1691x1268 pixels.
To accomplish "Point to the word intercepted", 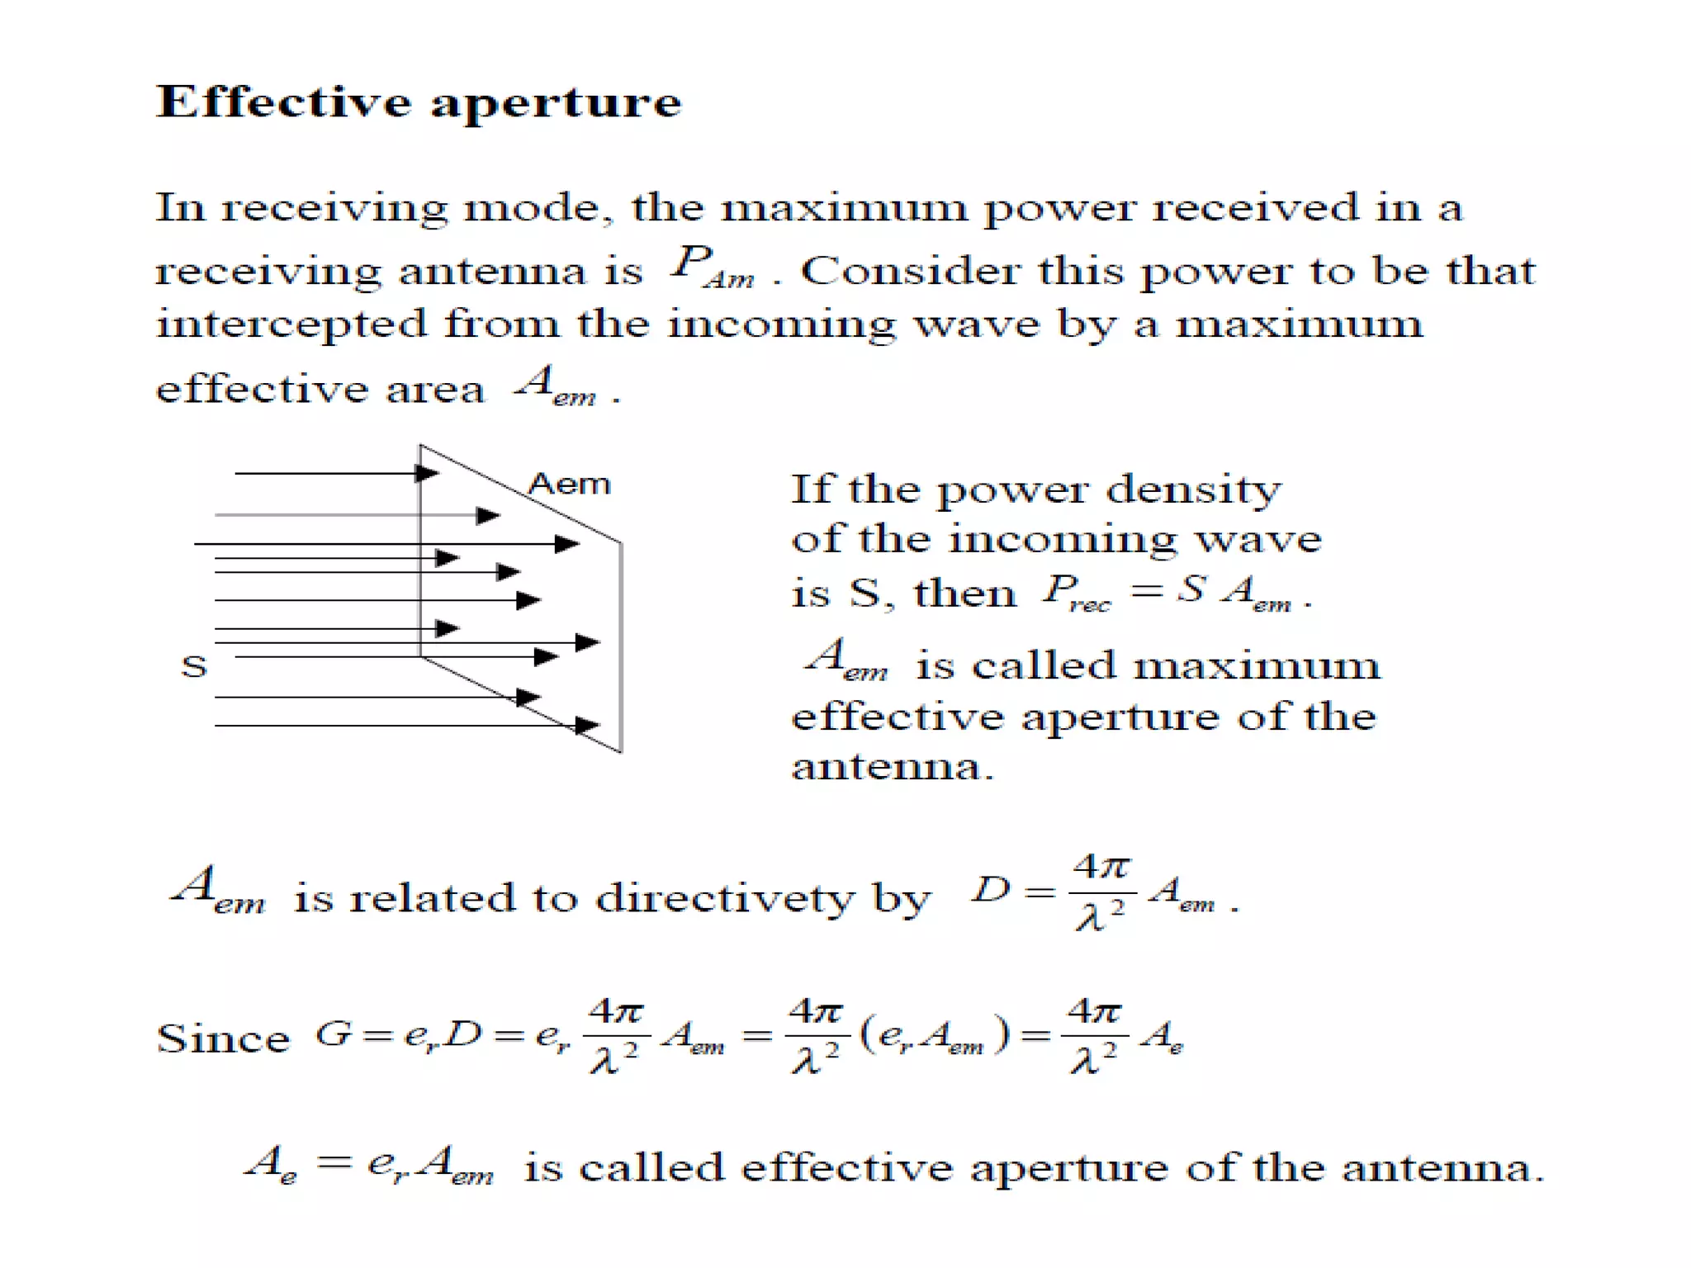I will tap(291, 324).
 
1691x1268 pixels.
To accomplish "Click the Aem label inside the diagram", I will tap(569, 483).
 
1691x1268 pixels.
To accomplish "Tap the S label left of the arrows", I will tap(194, 666).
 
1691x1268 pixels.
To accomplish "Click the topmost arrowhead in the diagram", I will tap(427, 473).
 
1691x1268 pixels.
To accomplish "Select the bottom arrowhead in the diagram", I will tap(586, 726).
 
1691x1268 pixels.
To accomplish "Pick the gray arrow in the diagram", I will tap(355, 515).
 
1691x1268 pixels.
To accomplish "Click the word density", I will tap(1194, 491).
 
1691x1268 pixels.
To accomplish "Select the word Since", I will tap(223, 1039).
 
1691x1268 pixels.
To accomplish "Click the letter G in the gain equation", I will tap(334, 1034).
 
